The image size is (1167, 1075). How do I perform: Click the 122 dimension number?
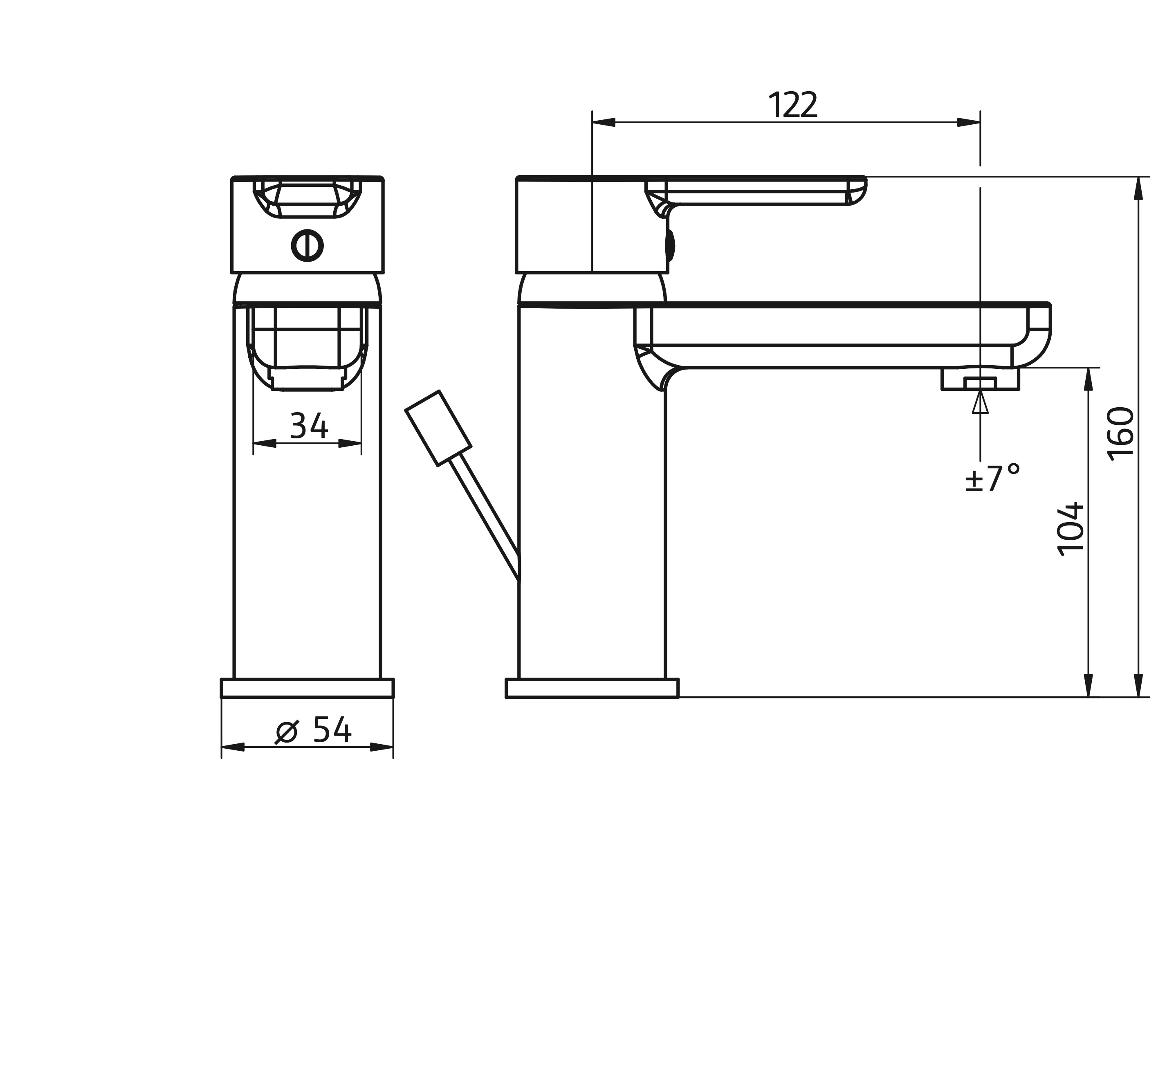tap(792, 105)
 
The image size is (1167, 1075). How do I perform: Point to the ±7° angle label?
tap(992, 478)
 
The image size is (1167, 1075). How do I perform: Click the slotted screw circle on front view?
tap(307, 246)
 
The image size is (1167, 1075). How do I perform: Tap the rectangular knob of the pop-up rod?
tap(438, 428)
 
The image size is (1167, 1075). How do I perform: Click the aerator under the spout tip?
tap(980, 379)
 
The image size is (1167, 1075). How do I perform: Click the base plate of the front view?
tap(307, 688)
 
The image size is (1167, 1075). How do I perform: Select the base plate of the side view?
tap(592, 688)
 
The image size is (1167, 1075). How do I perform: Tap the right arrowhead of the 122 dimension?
tap(969, 122)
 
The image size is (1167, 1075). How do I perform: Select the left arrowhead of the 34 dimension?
tap(264, 443)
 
